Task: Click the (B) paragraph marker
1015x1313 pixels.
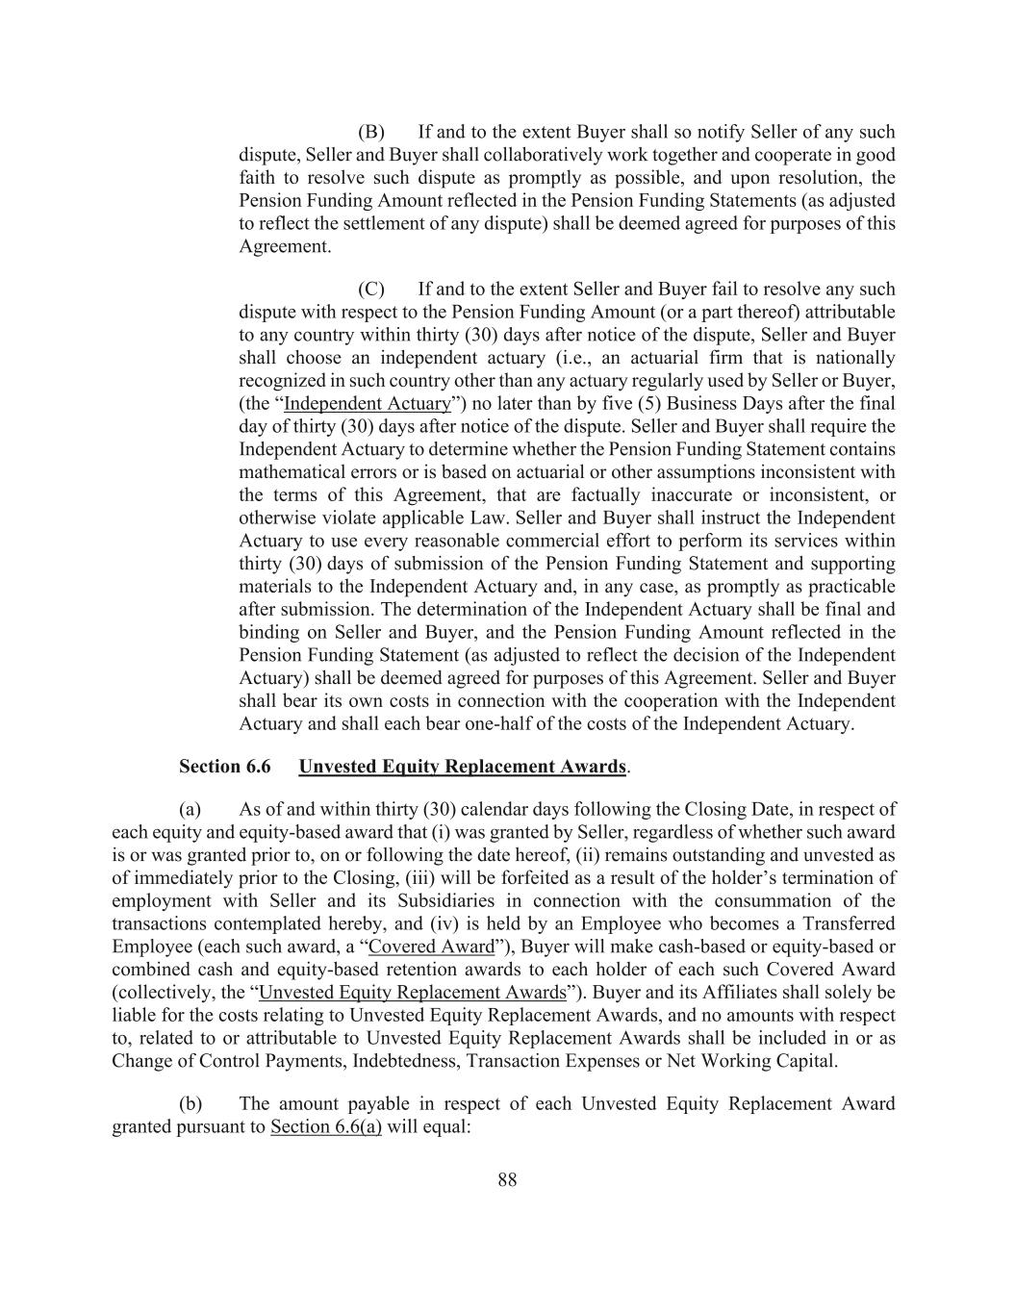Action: (x=370, y=132)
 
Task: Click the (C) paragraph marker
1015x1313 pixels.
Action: (x=370, y=290)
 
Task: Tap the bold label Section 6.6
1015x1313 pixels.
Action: (x=224, y=767)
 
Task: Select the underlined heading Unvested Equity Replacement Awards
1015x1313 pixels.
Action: (x=462, y=767)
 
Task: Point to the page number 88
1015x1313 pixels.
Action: (x=507, y=1180)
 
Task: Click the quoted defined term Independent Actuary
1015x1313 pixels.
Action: (x=368, y=404)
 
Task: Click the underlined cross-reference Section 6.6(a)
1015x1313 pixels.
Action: (x=326, y=1126)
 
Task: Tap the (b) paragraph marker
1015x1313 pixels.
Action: (x=190, y=1103)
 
